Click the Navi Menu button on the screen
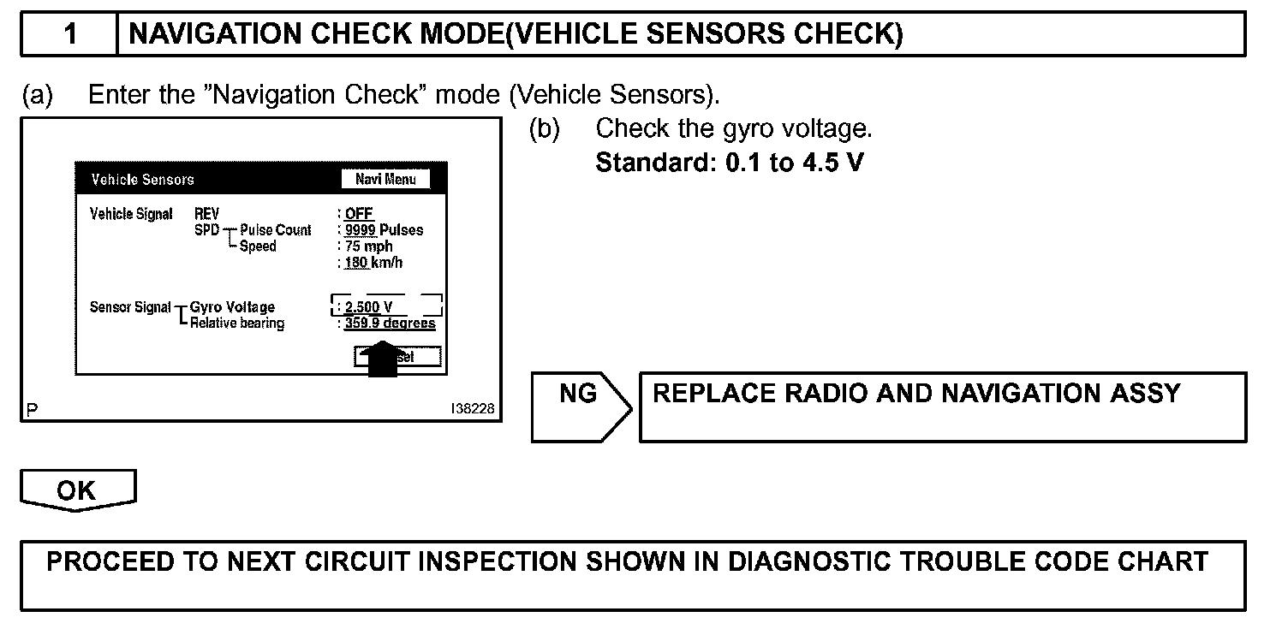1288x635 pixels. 385,179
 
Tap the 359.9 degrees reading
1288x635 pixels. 390,323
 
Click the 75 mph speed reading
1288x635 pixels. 368,246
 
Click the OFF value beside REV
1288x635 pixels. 359,213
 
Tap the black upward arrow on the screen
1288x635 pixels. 382,359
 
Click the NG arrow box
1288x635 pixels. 580,407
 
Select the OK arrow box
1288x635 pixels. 78,490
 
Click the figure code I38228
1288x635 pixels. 472,410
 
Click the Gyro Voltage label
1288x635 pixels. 232,307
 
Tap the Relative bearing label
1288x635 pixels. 237,323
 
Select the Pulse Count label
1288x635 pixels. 276,230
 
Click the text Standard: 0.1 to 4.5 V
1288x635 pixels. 730,163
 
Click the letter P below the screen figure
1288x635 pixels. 32,411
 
